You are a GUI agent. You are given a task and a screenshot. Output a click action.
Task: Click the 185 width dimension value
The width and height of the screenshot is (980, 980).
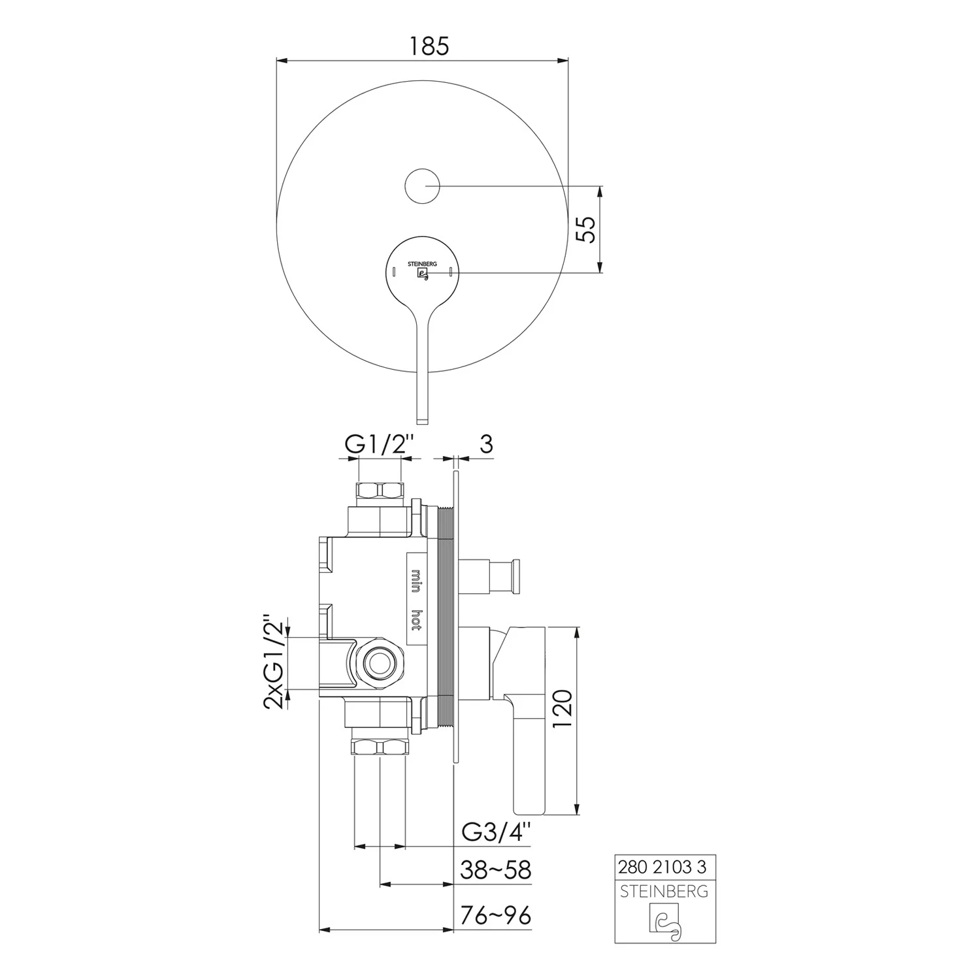429,46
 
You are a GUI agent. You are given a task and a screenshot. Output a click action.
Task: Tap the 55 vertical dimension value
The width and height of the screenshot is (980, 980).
589,229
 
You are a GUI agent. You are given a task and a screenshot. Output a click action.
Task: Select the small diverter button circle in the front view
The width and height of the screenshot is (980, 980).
423,186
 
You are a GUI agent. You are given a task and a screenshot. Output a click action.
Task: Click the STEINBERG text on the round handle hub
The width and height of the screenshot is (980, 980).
422,265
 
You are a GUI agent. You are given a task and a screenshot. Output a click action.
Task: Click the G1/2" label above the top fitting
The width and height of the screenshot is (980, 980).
380,445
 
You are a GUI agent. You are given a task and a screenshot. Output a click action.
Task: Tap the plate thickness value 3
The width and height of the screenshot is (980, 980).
486,444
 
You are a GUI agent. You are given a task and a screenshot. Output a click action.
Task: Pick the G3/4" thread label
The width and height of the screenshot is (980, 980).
497,832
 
